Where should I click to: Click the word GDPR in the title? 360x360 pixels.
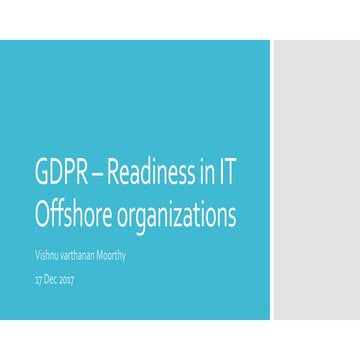pyautogui.click(x=59, y=174)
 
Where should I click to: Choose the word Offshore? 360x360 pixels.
pyautogui.click(x=73, y=216)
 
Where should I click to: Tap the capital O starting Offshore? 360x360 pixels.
pyautogui.click(x=42, y=216)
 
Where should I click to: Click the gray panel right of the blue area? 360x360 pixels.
pyautogui.click(x=315, y=180)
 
